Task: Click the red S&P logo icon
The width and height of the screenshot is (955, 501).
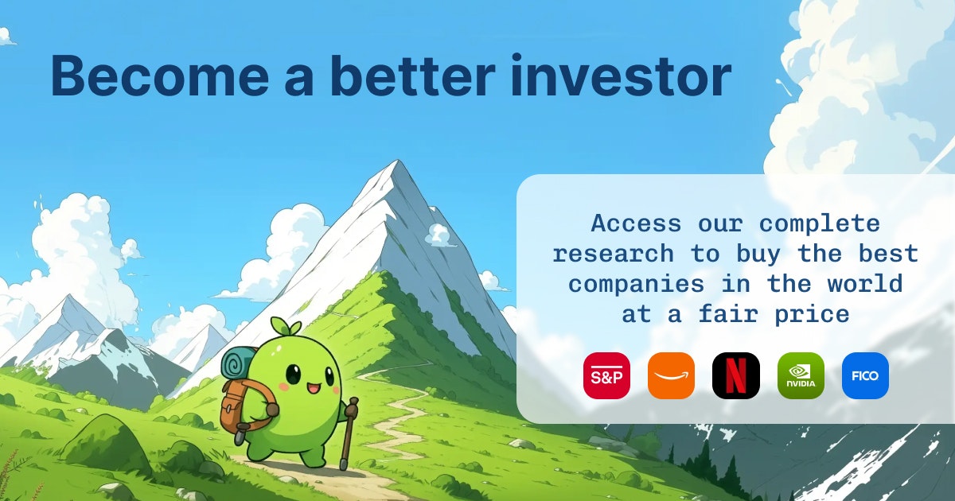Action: pyautogui.click(x=606, y=375)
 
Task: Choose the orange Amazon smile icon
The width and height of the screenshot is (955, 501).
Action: pyautogui.click(x=671, y=375)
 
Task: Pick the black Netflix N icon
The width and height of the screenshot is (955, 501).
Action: pyautogui.click(x=735, y=375)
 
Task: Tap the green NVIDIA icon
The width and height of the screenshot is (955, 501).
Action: pyautogui.click(x=801, y=375)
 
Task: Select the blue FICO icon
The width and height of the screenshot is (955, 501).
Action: pyautogui.click(x=865, y=375)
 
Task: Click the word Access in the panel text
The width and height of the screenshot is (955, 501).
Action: pyautogui.click(x=636, y=223)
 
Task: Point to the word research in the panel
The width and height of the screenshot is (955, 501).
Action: pyautogui.click(x=613, y=254)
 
